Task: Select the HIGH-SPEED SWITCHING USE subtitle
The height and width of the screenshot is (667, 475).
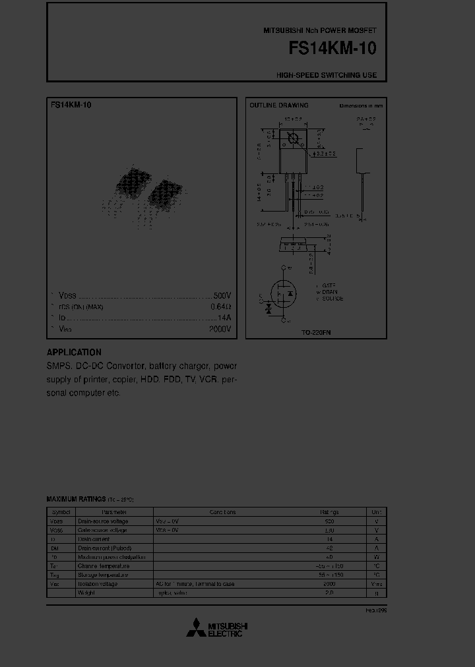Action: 327,75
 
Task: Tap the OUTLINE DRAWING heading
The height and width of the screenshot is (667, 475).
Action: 278,105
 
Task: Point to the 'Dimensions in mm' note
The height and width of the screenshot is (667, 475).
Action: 361,105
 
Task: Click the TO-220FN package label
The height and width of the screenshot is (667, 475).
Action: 316,333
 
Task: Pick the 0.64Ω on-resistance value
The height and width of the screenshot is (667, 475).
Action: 221,307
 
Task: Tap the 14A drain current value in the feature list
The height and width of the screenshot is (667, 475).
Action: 224,318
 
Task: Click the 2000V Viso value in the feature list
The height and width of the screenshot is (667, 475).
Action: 220,328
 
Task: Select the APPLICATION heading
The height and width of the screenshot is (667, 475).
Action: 74,353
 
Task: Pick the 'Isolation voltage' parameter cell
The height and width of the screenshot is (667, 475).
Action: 98,584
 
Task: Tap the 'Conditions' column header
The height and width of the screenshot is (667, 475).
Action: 222,511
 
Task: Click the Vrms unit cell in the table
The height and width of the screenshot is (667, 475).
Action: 376,584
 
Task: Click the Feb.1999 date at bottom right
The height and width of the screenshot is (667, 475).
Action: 376,611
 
